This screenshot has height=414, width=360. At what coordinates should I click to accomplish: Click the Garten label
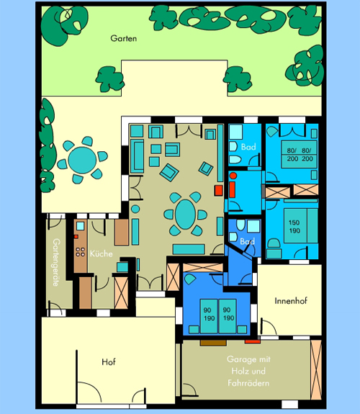click(x=124, y=38)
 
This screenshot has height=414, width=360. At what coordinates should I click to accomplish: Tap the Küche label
click(x=101, y=253)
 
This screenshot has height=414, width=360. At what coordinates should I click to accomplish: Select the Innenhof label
click(x=291, y=301)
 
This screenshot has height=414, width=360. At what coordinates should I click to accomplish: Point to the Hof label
click(x=109, y=361)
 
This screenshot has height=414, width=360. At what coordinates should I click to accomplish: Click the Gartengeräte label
click(x=56, y=263)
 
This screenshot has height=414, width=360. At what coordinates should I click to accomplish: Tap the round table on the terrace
click(x=82, y=161)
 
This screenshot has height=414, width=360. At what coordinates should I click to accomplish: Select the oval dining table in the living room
click(x=186, y=214)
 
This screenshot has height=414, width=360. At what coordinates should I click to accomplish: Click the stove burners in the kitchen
click(x=81, y=251)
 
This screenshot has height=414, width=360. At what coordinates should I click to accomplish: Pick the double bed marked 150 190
click(x=300, y=226)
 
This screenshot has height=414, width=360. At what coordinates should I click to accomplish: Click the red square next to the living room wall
click(x=218, y=190)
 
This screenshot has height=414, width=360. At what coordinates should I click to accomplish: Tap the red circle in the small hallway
click(x=233, y=176)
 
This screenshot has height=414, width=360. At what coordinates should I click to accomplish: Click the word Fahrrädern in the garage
click(x=248, y=383)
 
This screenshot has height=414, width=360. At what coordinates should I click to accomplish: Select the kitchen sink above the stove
click(x=81, y=226)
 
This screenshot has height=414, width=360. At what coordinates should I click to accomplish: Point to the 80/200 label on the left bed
click(x=292, y=155)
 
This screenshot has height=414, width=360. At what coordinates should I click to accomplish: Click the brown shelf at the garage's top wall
click(x=213, y=343)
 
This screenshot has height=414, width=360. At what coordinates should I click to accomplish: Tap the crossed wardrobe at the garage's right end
click(x=316, y=369)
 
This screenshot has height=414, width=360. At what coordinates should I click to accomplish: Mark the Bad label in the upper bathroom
click(x=248, y=147)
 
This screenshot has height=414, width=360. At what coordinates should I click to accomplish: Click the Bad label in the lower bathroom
click(x=248, y=241)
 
